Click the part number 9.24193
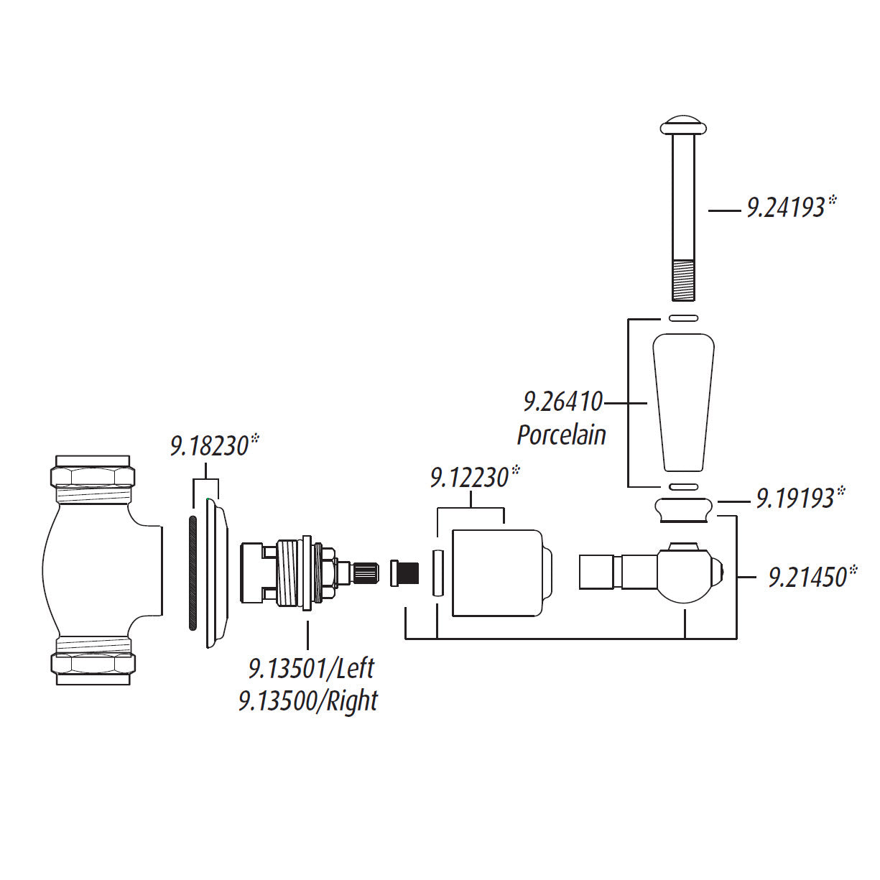click(x=786, y=208)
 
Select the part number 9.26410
click(x=563, y=402)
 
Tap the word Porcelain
click(x=561, y=435)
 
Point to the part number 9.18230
click(x=210, y=445)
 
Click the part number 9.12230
click(x=470, y=478)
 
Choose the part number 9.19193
click(x=795, y=498)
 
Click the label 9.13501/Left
click(x=312, y=668)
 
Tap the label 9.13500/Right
click(x=308, y=701)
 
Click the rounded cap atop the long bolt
click(x=683, y=125)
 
